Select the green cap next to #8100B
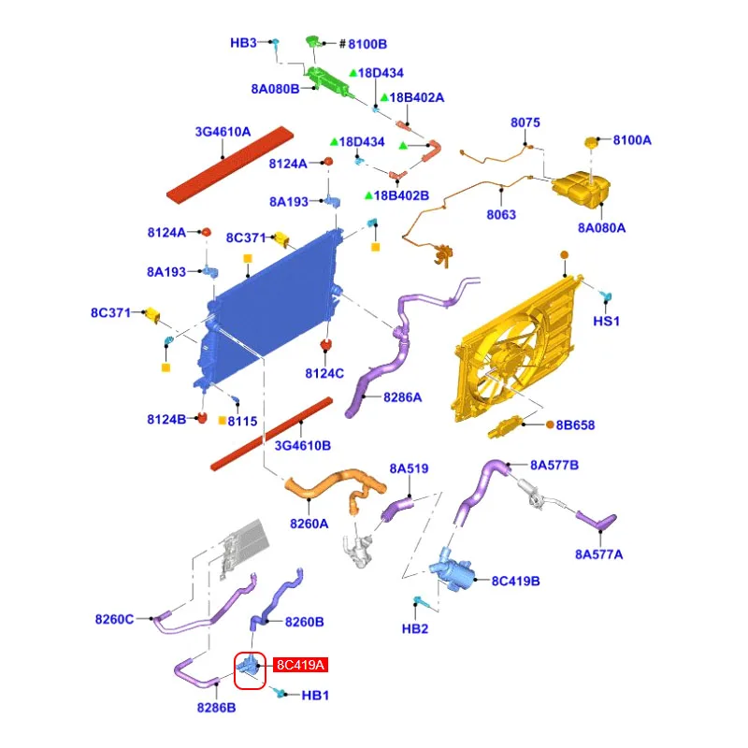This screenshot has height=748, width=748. click(x=313, y=42)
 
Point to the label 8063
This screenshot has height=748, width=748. click(x=502, y=215)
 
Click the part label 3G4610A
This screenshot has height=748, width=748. click(x=223, y=133)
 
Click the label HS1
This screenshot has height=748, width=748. click(x=607, y=321)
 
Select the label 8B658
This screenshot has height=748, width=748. click(x=576, y=424)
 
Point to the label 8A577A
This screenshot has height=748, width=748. click(x=598, y=554)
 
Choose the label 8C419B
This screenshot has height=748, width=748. click(x=515, y=581)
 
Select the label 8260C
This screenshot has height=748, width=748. click(x=115, y=619)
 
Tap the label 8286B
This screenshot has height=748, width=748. click(x=216, y=708)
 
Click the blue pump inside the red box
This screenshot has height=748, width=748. click(x=250, y=666)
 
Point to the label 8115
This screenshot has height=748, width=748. click(x=242, y=421)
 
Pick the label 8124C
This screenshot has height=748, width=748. click(x=324, y=374)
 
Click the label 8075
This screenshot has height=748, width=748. click(x=525, y=122)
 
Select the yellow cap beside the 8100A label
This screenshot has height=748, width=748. click(x=592, y=142)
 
